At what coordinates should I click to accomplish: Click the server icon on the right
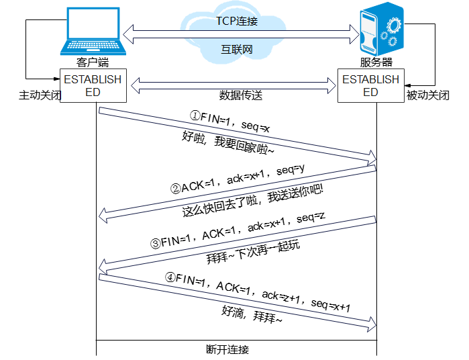[x=380, y=30]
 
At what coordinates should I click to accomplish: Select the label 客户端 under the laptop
[x=93, y=62]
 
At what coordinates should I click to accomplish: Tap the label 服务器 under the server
[x=376, y=62]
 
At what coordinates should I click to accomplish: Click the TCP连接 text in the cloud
[x=237, y=21]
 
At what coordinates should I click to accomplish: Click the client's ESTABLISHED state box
[x=93, y=85]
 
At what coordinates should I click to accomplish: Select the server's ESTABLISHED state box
[x=370, y=85]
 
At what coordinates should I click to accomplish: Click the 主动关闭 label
[x=40, y=95]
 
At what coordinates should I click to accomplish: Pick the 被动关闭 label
[x=427, y=95]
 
